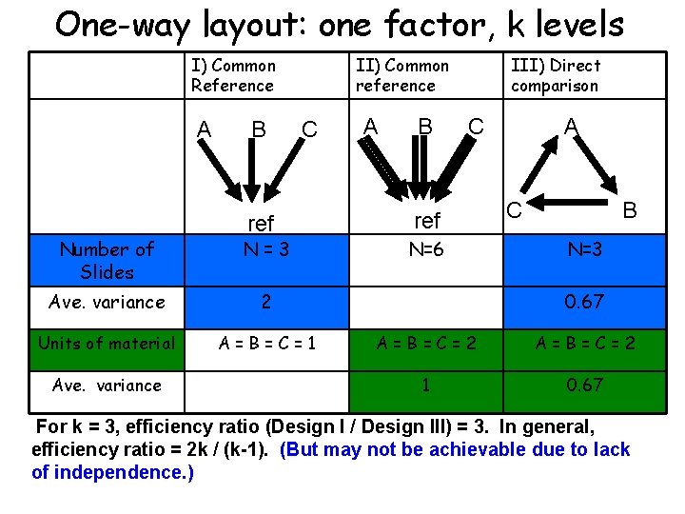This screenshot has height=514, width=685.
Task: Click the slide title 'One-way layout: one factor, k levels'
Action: [340, 24]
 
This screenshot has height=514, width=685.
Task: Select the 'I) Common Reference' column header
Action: [233, 75]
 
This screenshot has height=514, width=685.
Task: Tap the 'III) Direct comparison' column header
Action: [556, 75]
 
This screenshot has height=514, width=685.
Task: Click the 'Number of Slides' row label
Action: [108, 260]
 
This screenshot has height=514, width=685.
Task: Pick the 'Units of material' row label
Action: [108, 343]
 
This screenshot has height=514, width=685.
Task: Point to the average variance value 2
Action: [266, 303]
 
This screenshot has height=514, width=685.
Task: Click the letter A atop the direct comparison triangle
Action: [571, 127]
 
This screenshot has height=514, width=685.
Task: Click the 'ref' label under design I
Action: [261, 224]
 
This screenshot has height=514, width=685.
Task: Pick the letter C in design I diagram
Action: [308, 128]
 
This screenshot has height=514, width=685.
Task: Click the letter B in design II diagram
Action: [426, 127]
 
